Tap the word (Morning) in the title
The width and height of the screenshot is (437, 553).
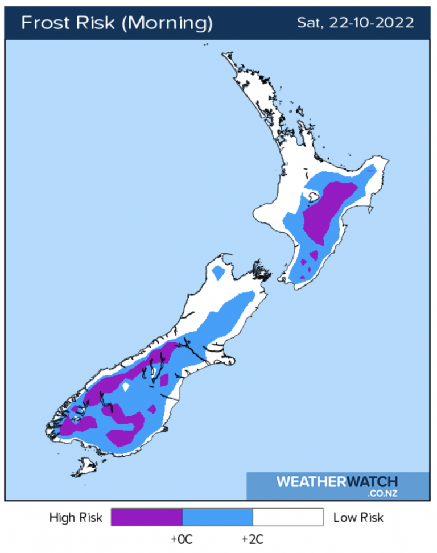click(168, 23)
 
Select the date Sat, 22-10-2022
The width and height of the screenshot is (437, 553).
click(355, 23)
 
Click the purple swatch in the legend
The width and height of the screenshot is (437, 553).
click(146, 517)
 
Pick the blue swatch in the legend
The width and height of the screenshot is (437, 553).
click(217, 517)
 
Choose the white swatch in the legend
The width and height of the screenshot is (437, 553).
click(288, 517)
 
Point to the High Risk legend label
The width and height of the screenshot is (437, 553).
click(76, 517)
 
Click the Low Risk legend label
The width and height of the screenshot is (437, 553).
click(358, 517)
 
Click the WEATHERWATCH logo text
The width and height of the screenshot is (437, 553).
click(337, 482)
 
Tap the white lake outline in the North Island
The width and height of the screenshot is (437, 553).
click(312, 197)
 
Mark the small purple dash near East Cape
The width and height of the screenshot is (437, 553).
click(371, 170)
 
